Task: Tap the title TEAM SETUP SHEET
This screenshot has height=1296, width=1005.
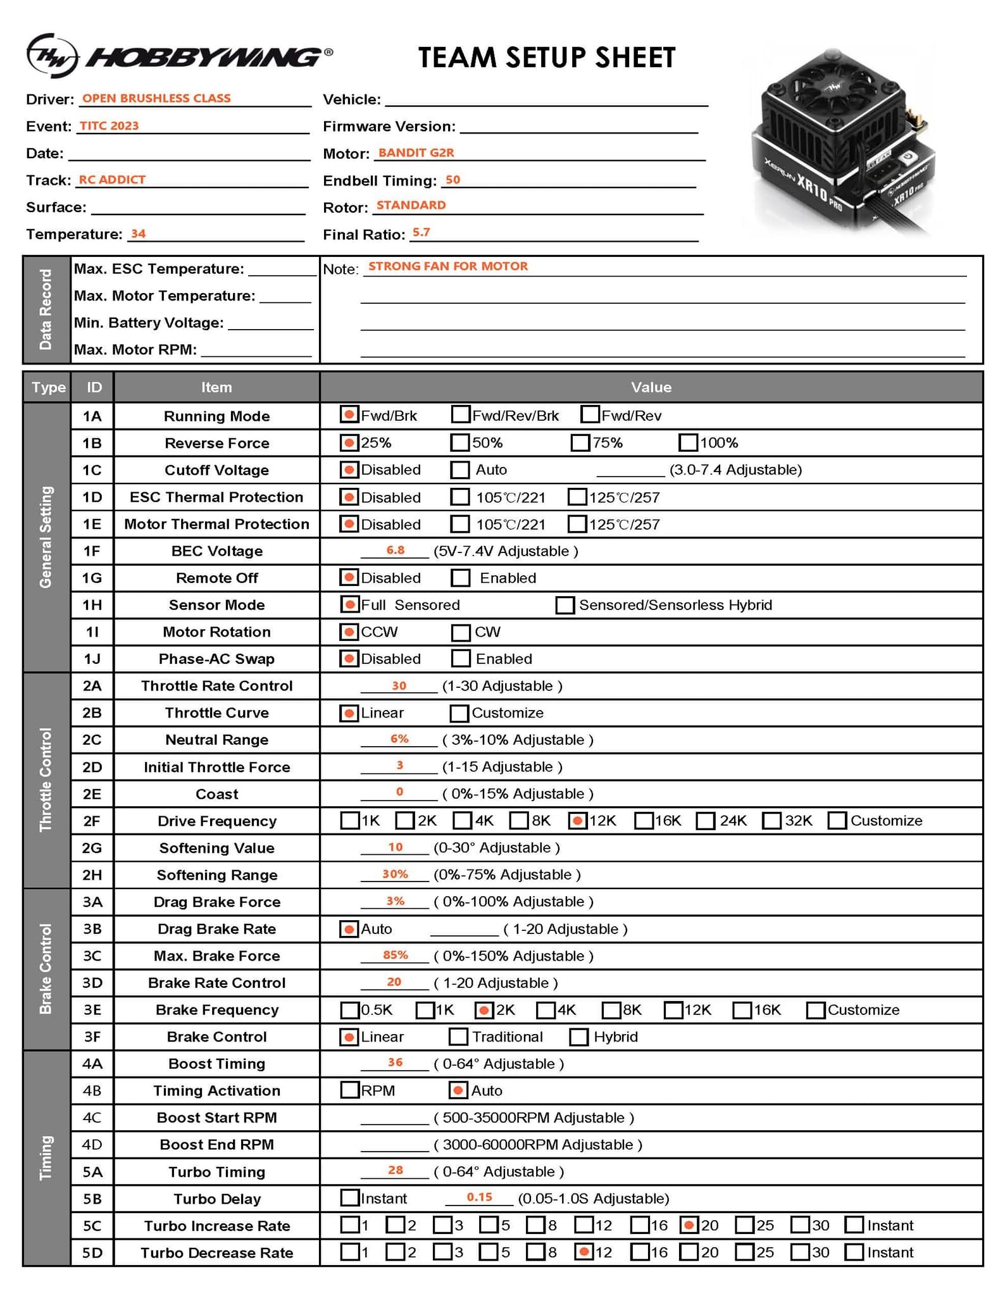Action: click(x=547, y=58)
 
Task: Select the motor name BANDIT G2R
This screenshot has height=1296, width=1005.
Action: click(x=416, y=153)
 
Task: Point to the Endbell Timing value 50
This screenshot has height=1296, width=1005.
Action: click(x=453, y=180)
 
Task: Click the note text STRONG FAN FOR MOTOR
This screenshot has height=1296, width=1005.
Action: click(x=448, y=266)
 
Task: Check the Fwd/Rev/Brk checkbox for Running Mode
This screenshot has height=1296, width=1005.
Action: click(x=460, y=415)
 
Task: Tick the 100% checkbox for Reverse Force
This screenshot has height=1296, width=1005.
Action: click(x=688, y=442)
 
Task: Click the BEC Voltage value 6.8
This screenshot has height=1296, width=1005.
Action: click(x=396, y=550)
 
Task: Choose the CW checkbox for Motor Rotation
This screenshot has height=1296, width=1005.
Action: click(x=461, y=632)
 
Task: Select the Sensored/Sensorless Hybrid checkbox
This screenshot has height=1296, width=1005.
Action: click(x=565, y=605)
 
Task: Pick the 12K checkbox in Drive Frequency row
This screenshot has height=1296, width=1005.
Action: click(x=577, y=821)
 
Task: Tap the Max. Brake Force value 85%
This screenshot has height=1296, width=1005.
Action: click(x=396, y=955)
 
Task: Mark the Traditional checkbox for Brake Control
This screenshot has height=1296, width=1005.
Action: click(x=458, y=1037)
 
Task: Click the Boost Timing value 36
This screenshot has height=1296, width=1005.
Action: click(x=396, y=1062)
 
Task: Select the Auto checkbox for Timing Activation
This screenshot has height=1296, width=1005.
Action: click(x=458, y=1090)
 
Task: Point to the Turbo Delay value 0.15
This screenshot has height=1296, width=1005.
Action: click(x=479, y=1197)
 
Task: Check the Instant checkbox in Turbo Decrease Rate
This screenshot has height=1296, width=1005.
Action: click(x=854, y=1252)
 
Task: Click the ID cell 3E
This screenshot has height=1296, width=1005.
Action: click(x=92, y=1009)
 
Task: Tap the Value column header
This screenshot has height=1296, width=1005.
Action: click(x=651, y=387)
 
